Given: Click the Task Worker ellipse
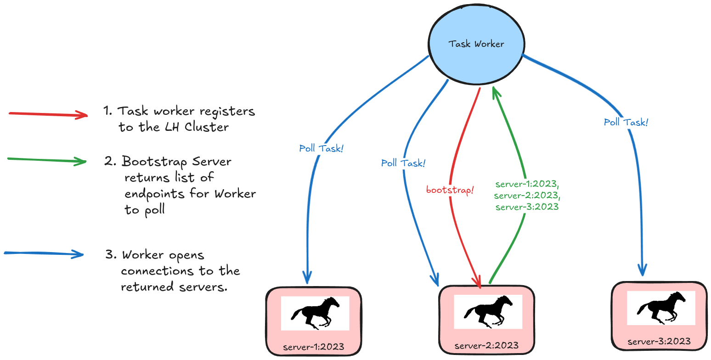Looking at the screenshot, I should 476,44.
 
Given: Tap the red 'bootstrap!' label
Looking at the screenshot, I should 450,190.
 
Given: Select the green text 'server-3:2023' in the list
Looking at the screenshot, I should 527,207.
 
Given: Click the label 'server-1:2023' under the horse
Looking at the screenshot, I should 314,347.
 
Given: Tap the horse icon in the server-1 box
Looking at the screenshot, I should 315,313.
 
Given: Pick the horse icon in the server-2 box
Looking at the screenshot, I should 488,312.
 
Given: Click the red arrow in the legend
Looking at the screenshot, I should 48,114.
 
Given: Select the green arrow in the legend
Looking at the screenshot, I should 47,160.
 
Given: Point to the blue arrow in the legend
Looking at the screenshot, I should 44,253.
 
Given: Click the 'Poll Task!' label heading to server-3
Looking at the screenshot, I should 626,123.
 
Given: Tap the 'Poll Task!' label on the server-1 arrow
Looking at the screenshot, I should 321,149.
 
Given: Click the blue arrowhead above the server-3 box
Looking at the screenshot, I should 642,270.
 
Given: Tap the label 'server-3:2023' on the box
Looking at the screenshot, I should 659,341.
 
